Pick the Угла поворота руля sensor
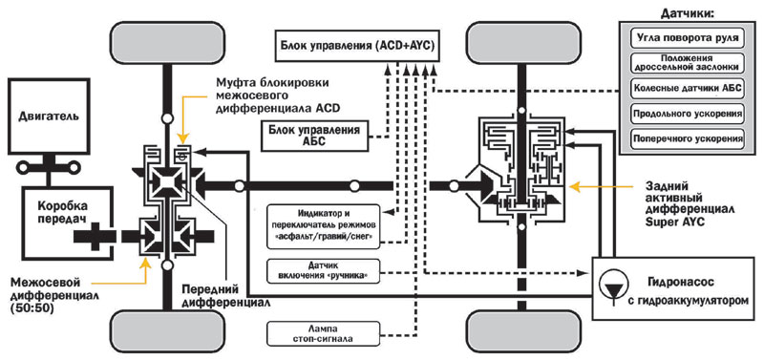click(x=687, y=37)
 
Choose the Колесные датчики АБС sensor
click(x=687, y=88)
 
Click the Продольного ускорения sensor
click(x=687, y=113)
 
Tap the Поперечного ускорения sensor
click(x=687, y=138)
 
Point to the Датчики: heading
click(x=687, y=12)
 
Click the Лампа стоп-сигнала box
click(x=323, y=333)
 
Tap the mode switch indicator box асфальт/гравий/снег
click(x=323, y=225)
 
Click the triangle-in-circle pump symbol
click(x=608, y=282)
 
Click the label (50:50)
click(x=31, y=307)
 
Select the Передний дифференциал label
click(x=225, y=295)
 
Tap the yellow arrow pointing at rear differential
click(x=600, y=186)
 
